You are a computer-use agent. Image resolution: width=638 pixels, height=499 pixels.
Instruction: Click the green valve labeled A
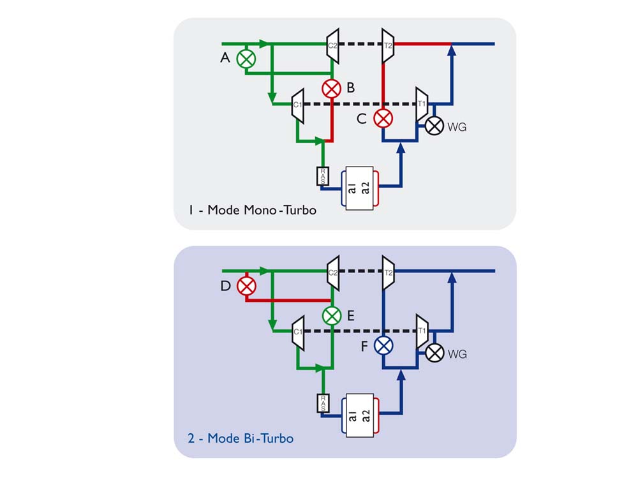tap(246, 59)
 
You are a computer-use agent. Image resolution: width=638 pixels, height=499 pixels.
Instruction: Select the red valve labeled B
tap(332, 89)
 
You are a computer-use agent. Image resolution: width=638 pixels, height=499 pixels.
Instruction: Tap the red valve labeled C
tap(383, 118)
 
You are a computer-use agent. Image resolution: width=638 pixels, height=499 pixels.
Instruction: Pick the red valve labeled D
tap(246, 285)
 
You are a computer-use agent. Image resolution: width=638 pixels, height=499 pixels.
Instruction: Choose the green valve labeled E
tap(332, 315)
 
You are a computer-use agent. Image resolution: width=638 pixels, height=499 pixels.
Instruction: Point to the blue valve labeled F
tap(383, 345)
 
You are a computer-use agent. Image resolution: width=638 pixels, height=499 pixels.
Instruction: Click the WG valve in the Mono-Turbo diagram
tap(434, 126)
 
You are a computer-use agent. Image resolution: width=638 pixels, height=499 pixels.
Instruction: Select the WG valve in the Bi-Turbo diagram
tap(434, 352)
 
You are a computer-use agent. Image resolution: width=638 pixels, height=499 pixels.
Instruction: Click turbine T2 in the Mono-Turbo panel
tap(387, 45)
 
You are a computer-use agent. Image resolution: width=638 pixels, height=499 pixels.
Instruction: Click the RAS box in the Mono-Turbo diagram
tap(323, 176)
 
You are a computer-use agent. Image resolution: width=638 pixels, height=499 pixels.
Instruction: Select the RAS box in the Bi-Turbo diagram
tap(323, 403)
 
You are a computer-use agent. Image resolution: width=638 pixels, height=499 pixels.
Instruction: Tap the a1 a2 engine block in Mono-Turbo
tap(360, 186)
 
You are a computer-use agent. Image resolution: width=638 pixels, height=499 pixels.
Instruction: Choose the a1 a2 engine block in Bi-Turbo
tap(360, 413)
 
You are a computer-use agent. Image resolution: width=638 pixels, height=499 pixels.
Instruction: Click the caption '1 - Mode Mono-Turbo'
tap(252, 210)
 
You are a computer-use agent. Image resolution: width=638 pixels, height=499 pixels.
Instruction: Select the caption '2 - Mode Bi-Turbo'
tap(241, 438)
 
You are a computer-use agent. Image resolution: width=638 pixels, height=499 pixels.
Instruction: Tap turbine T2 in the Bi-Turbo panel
tap(387, 272)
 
